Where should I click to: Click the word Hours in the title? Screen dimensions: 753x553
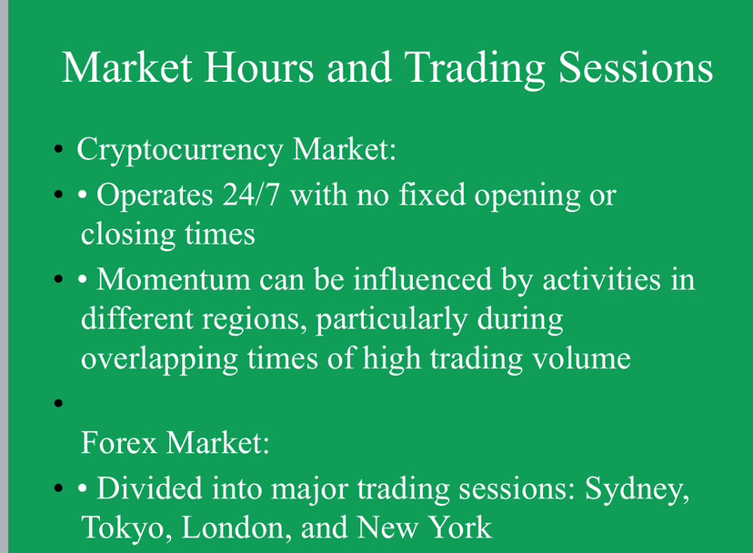[x=259, y=67]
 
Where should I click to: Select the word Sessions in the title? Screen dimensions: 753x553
[x=636, y=67]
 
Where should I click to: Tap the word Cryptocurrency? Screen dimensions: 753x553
[x=180, y=151]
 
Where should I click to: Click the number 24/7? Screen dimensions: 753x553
[x=251, y=195]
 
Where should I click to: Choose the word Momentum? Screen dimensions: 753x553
[x=174, y=279]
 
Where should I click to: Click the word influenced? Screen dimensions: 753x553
[x=423, y=279]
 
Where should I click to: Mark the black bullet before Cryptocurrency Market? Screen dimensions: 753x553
[x=58, y=149]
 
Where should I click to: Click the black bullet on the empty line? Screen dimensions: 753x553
[x=58, y=403]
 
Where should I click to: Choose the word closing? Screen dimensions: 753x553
[x=127, y=236]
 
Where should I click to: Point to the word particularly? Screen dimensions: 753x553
[x=391, y=320]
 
